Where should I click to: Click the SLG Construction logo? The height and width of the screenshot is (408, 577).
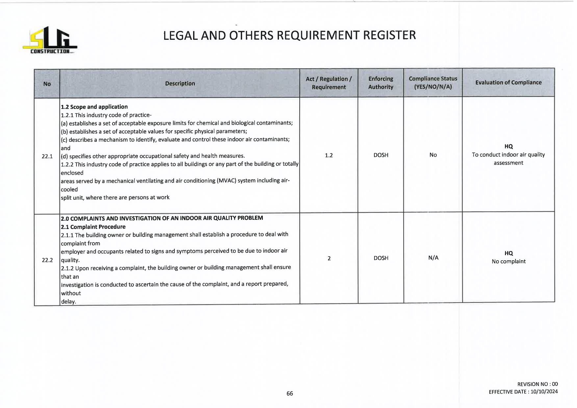[x=50, y=40]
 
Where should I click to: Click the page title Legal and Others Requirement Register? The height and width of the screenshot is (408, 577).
[x=289, y=35]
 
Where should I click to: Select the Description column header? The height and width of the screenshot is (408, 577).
[x=180, y=84]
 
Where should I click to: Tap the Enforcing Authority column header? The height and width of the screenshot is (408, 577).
[x=381, y=83]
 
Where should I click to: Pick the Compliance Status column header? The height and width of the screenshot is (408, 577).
[x=433, y=83]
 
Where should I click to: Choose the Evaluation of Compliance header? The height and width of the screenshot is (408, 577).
[x=508, y=83]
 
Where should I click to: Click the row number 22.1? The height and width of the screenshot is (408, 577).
[x=47, y=156]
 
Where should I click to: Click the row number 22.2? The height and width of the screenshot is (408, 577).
[x=47, y=260]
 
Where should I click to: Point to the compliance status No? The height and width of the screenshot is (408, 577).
[x=433, y=155]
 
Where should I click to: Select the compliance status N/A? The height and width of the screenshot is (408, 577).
[x=433, y=258]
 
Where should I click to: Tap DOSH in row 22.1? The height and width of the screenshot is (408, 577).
[x=381, y=155]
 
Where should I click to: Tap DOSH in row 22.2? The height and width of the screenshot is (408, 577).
[x=381, y=258]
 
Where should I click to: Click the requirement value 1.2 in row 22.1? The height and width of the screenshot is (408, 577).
[x=329, y=155]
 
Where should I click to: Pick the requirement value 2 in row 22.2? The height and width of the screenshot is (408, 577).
[x=329, y=259]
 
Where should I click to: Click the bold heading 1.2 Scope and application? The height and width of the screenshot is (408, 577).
[x=94, y=107]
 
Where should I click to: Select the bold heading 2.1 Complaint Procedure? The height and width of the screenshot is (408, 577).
[x=93, y=227]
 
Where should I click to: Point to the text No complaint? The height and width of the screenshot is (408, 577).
[x=509, y=262]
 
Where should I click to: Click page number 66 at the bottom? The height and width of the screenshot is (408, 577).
[x=289, y=394]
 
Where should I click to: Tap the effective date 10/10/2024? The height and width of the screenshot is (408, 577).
[x=544, y=392]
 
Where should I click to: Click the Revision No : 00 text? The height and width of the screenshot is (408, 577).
[x=538, y=384]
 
